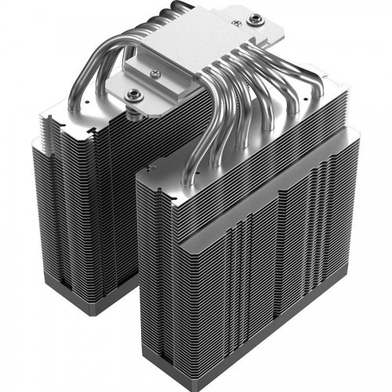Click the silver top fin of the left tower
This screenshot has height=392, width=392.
71,118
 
